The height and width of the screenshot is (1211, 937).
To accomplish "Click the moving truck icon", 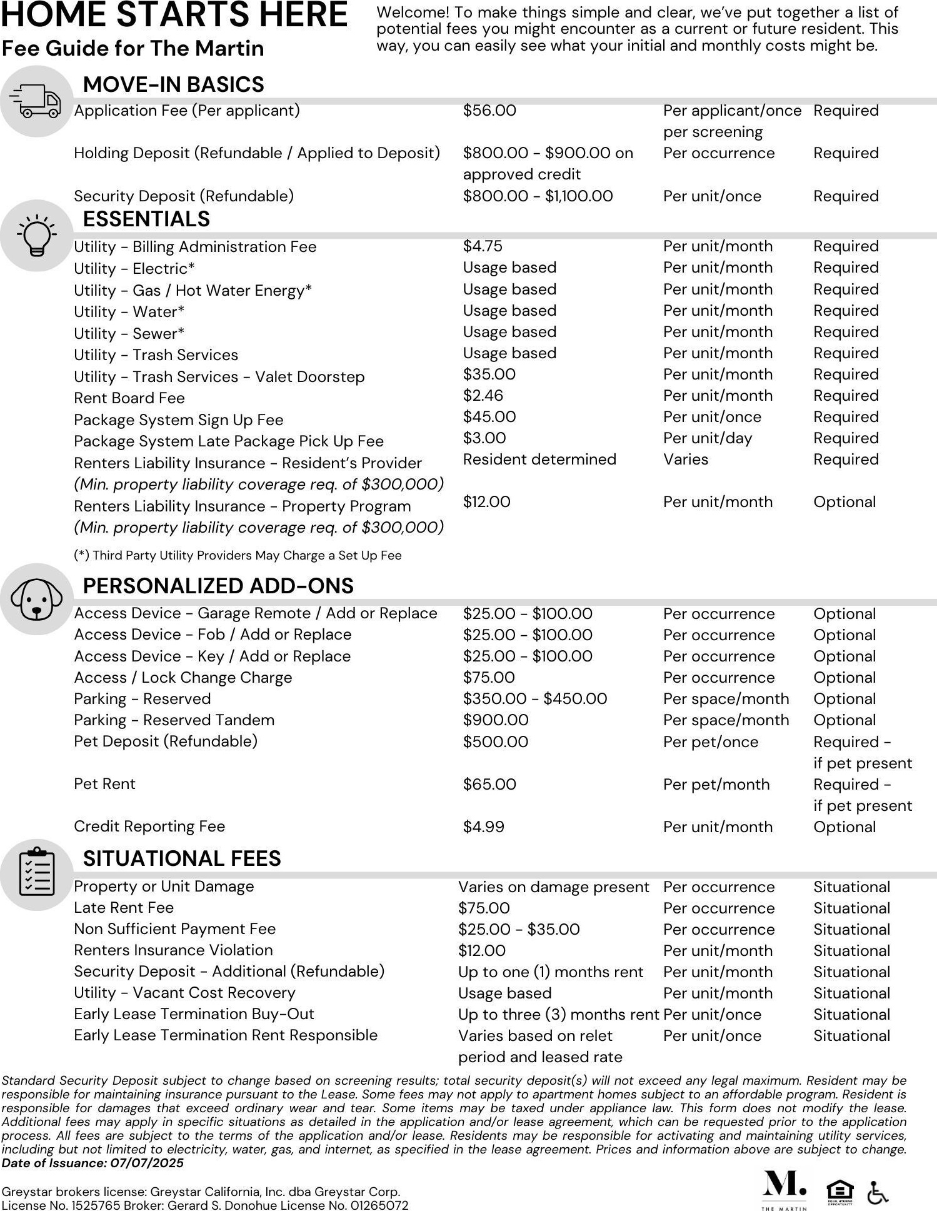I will point(36,101).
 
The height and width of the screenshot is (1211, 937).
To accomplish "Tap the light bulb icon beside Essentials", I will point(36,236).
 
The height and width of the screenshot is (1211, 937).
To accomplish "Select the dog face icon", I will point(36,600).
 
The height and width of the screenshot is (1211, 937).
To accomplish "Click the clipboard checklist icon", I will point(36,873).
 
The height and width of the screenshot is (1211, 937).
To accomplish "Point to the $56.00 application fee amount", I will point(489,111).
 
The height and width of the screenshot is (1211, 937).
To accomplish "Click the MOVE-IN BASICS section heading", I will point(173,84).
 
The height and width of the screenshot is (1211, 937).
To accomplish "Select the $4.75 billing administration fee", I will point(483,246).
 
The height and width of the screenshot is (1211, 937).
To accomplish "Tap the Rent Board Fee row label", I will point(129,398).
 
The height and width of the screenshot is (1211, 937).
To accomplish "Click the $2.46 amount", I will point(483,396).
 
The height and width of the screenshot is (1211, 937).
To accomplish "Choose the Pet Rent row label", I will point(104,784).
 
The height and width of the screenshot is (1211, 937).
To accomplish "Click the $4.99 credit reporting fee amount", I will point(483,827).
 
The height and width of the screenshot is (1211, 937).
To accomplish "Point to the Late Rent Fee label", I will point(124,908).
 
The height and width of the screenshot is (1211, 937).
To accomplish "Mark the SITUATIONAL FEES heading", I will point(182,858).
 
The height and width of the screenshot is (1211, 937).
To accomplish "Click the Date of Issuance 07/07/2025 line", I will point(93,1163).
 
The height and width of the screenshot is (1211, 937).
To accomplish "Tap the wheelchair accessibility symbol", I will point(878,1193).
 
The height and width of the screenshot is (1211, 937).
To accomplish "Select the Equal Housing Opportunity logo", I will point(839,1191).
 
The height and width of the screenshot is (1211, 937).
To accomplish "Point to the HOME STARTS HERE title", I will point(174,15).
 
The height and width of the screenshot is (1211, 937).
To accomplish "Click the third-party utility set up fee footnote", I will point(238,555).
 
